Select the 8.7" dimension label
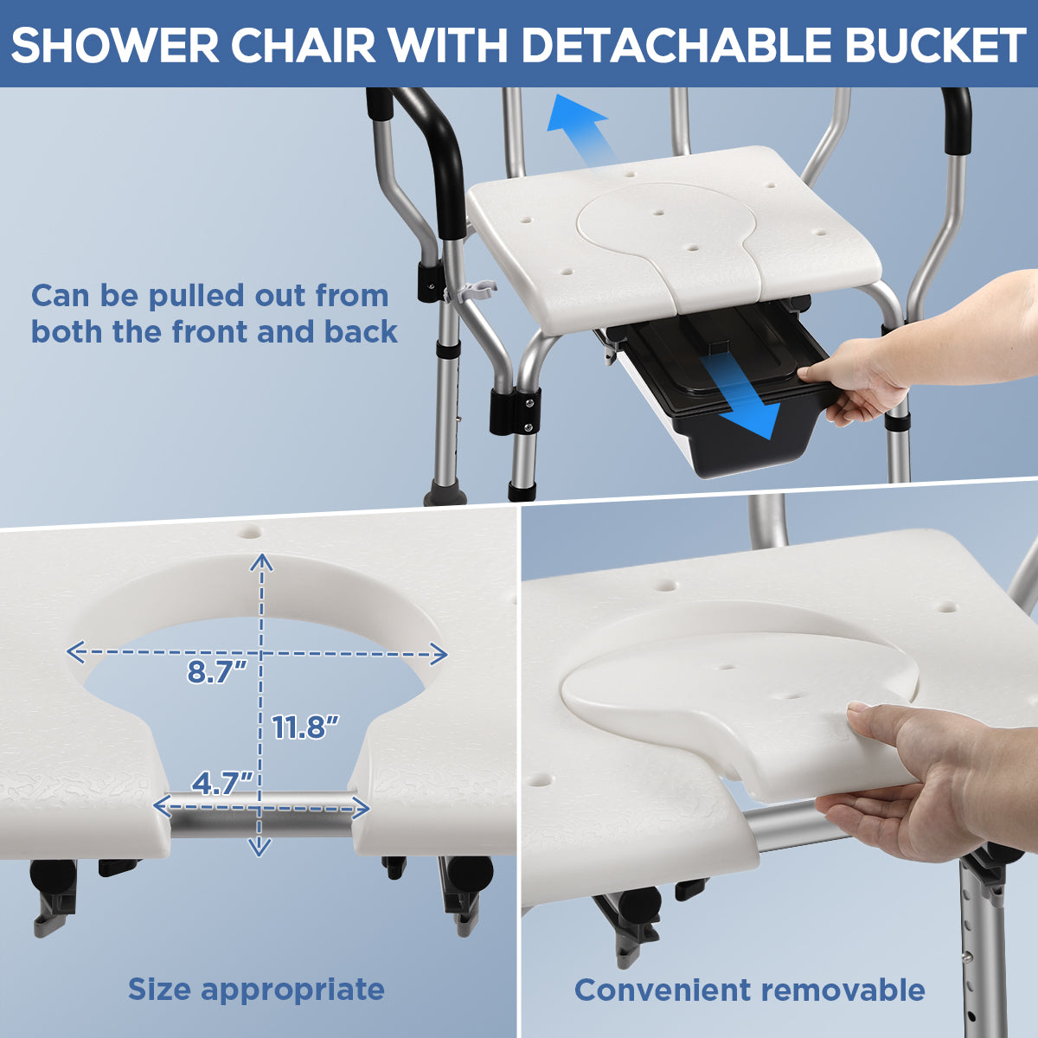point(216,672)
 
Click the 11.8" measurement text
point(304,727)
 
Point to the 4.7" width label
point(222,784)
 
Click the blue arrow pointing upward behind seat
point(583,128)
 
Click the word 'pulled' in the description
point(198,296)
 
